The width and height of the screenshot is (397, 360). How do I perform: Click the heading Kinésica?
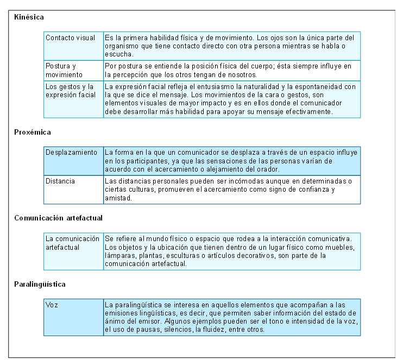coord(29,17)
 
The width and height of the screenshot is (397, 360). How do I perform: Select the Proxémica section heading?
coord(33,132)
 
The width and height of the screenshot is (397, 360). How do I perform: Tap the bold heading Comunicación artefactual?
coord(59,218)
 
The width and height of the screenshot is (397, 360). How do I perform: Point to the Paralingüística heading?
coord(41,284)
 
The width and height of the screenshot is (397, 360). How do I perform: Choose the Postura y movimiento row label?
coord(64,70)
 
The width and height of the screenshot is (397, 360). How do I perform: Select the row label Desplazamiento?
coord(72,153)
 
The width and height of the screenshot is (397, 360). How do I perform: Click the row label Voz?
coord(52,305)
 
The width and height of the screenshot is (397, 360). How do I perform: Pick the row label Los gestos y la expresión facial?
coord(70,91)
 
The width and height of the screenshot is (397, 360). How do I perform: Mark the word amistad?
coord(117,199)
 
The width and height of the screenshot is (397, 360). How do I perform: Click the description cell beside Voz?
coord(231,317)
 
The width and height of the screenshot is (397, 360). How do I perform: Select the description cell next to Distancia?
coord(231,190)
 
